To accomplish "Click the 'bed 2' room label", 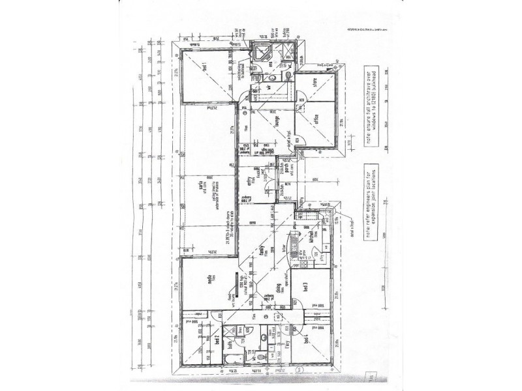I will (x=216, y=341).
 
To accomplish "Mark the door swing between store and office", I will (x=301, y=100).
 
